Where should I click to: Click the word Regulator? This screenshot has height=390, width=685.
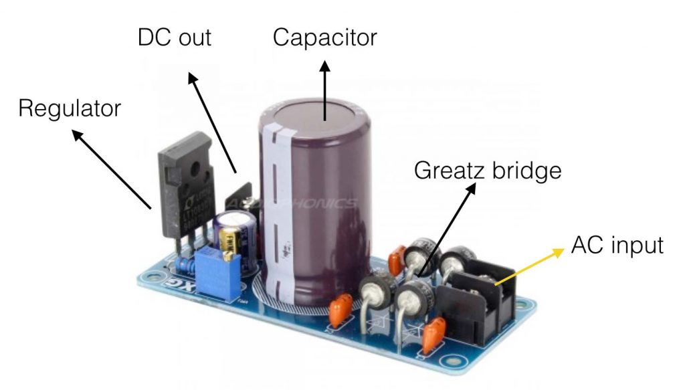tap(70, 108)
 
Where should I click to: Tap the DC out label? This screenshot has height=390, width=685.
tap(174, 37)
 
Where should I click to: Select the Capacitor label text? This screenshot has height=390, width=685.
tap(325, 37)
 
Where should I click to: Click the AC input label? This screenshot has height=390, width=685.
tap(617, 245)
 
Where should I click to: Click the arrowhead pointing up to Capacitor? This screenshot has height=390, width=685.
tap(326, 66)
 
